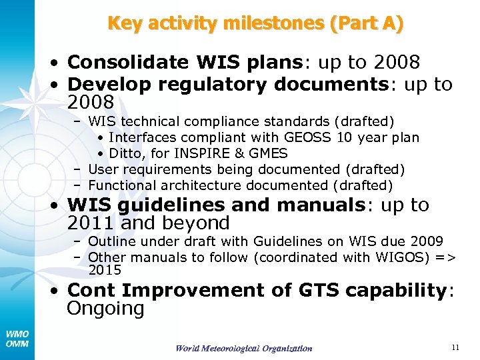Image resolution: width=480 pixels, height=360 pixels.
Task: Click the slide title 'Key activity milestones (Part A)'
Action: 255,24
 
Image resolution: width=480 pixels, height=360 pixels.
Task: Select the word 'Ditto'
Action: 125,153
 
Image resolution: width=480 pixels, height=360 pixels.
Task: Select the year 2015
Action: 105,270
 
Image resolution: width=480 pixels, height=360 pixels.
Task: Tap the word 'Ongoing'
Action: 105,309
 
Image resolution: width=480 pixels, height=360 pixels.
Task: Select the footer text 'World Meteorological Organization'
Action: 243,348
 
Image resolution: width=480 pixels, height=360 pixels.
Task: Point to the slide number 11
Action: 455,347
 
